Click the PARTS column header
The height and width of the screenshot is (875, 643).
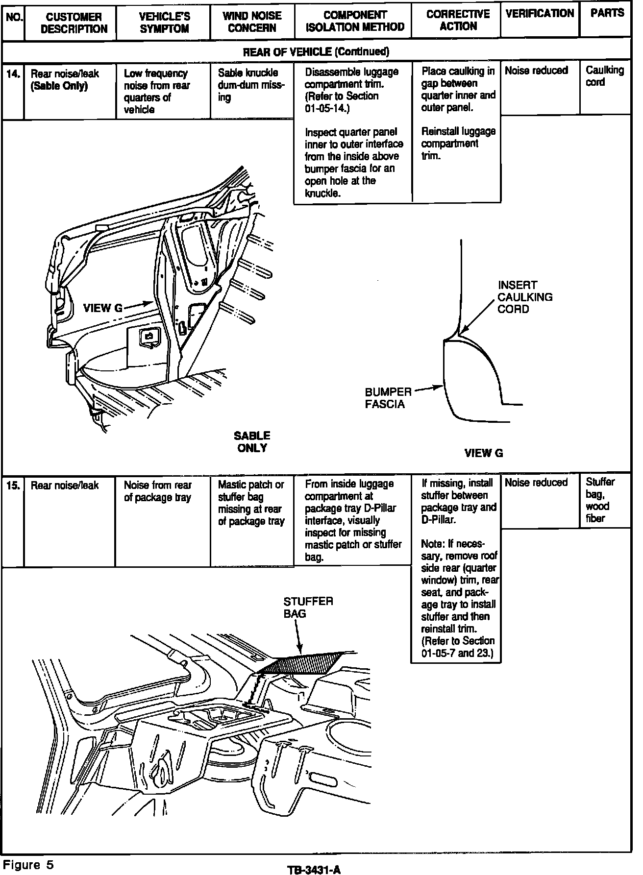607,13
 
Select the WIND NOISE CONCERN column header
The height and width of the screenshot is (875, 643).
252,22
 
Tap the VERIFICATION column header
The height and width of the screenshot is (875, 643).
540,13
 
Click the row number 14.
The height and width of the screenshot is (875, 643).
13,74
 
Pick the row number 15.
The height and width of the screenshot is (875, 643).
13,486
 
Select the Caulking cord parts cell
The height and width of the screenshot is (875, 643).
605,76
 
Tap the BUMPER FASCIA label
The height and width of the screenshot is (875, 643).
388,398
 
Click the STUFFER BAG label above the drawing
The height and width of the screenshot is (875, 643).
308,608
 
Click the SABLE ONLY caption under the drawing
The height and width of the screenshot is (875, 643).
252,441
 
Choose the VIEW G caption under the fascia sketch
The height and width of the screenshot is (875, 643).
484,453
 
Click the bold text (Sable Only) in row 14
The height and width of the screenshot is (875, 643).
59,86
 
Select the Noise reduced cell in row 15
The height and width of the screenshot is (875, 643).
536,483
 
